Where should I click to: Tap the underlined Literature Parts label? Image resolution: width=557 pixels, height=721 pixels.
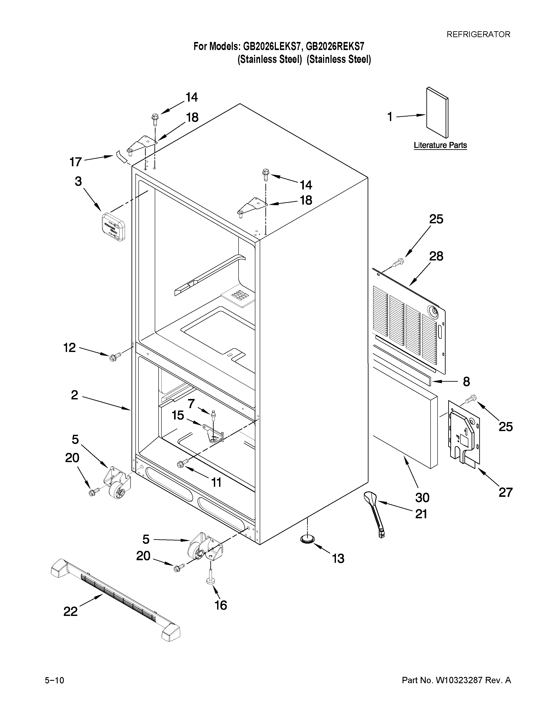440,145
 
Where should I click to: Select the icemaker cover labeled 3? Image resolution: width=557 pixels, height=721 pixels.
113,227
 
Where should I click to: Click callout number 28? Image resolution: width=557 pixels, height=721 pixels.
436,256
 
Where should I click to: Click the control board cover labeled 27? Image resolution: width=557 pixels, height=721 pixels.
464,432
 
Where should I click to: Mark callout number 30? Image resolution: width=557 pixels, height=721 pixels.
422,497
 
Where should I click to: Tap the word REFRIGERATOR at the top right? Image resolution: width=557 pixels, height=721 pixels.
478,34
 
